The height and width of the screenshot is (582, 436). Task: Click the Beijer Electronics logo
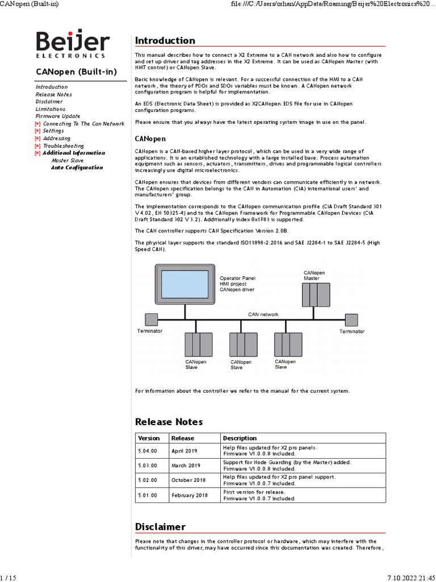70,44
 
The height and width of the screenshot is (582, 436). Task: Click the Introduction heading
165,40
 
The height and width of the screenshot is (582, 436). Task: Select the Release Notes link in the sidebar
53,94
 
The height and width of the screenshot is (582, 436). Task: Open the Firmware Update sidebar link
58,116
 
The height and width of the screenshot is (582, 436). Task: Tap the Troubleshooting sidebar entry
63,145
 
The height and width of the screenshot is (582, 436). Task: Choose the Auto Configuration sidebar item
77,168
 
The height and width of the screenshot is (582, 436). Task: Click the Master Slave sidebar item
68,160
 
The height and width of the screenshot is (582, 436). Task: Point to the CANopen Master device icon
316,294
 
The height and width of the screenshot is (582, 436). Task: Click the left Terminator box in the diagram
150,319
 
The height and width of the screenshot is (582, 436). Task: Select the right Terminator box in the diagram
352,319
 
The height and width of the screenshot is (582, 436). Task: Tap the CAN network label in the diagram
263,314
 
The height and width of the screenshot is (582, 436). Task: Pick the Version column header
149,438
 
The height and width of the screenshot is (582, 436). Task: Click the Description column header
240,438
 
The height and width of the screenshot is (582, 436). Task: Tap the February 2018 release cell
189,495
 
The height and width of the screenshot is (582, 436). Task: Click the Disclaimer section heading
160,526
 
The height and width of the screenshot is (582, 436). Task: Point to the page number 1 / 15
9,577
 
